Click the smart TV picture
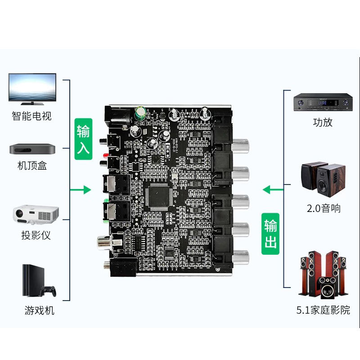coord(32,87)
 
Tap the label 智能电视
coord(31,116)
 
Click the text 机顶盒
coord(32,166)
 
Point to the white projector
coord(33,214)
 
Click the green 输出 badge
coord(270,234)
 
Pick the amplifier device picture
coord(322,103)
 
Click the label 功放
coord(323,122)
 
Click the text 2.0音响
coord(323,208)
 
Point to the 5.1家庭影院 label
coord(323,310)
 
